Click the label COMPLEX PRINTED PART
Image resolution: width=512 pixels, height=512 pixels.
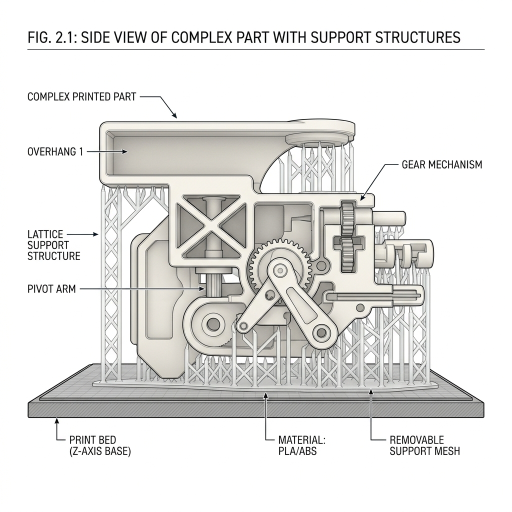[81, 97]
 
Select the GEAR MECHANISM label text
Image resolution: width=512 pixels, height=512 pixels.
[442, 164]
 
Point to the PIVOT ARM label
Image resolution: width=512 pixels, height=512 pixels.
[51, 288]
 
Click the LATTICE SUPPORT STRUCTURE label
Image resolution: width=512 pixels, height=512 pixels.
[53, 245]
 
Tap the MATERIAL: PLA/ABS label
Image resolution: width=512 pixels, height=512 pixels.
[301, 445]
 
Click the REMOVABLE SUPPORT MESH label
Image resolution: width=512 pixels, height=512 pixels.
[424, 445]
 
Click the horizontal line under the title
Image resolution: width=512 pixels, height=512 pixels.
[256, 49]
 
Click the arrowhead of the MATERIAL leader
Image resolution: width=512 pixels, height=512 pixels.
[266, 395]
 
